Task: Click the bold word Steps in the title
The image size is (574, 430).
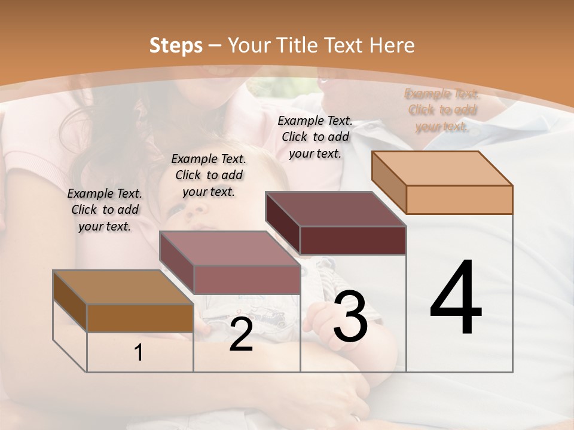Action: pyautogui.click(x=176, y=45)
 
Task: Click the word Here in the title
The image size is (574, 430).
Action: pyautogui.click(x=392, y=45)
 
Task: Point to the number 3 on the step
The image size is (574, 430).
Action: pyautogui.click(x=350, y=317)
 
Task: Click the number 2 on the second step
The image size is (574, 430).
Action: pyautogui.click(x=241, y=336)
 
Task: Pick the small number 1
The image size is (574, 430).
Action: pyautogui.click(x=139, y=353)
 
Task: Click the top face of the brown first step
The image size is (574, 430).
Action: pyautogui.click(x=123, y=287)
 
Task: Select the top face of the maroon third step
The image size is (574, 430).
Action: pyautogui.click(x=335, y=209)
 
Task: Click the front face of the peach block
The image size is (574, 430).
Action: pyautogui.click(x=459, y=199)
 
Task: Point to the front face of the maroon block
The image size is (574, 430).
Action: pyautogui.click(x=353, y=240)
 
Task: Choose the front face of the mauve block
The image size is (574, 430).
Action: pyautogui.click(x=246, y=279)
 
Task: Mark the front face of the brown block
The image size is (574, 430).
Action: pyautogui.click(x=140, y=318)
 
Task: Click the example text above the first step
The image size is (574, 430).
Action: pyautogui.click(x=105, y=210)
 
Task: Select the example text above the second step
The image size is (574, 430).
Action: pyautogui.click(x=209, y=175)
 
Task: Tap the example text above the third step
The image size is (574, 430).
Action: pyautogui.click(x=315, y=137)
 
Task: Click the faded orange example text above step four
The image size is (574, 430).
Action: pyautogui.click(x=442, y=110)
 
